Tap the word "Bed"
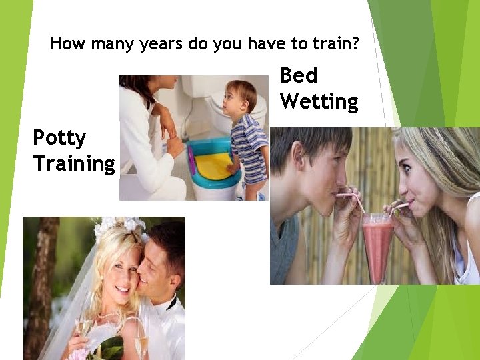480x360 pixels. pyautogui.click(x=299, y=75)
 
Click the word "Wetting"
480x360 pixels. pyautogui.click(x=319, y=101)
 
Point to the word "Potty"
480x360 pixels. pyautogui.click(x=59, y=138)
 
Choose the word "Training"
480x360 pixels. pyautogui.click(x=74, y=163)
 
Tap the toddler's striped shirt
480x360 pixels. pyautogui.click(x=247, y=143)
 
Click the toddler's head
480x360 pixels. pyautogui.click(x=239, y=97)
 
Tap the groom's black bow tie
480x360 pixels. pyautogui.click(x=171, y=303)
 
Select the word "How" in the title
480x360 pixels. pyautogui.click(x=64, y=45)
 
